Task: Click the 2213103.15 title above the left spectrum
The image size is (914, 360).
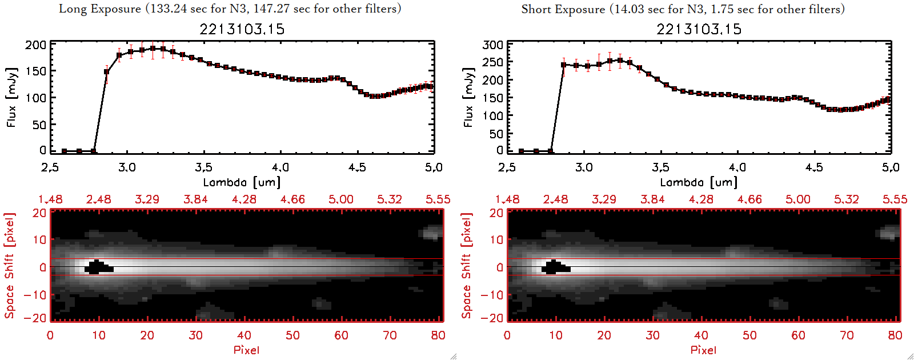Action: (242, 29)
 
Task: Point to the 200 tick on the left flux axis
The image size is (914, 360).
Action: (36, 45)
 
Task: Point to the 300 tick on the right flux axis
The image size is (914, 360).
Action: (493, 45)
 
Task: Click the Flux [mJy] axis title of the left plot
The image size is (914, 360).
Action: (12, 97)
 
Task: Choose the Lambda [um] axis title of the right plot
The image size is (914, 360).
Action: (699, 183)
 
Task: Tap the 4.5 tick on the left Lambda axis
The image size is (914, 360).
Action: (357, 167)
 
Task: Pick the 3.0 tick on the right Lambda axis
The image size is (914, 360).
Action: (584, 167)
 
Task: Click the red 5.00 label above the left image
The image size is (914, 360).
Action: (341, 199)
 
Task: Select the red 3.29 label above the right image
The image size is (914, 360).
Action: (604, 199)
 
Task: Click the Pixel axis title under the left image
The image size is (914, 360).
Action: (246, 350)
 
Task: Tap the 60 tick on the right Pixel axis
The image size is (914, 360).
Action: (798, 335)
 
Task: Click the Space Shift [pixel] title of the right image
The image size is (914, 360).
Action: (467, 266)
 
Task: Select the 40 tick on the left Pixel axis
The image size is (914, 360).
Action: (244, 335)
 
